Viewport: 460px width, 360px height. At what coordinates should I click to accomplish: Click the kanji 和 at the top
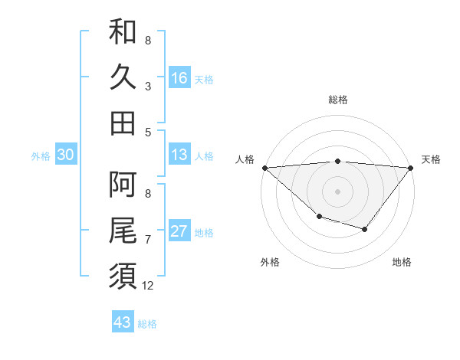point(123,32)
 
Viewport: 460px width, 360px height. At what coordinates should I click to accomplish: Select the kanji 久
point(123,77)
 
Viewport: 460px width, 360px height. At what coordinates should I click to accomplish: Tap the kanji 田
point(123,123)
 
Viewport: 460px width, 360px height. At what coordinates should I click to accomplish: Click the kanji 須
point(123,275)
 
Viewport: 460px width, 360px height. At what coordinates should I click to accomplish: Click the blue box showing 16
point(179,77)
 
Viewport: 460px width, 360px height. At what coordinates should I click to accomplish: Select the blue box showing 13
point(179,155)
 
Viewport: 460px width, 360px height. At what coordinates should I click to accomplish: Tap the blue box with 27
point(179,231)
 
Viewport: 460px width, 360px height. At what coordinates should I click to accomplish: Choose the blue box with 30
point(65,155)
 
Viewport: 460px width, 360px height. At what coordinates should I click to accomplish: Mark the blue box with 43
point(123,322)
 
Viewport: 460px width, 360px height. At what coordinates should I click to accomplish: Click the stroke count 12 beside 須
point(148,286)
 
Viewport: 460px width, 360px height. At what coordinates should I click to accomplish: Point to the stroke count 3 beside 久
point(148,86)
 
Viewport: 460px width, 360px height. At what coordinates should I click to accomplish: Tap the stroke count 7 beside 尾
point(148,240)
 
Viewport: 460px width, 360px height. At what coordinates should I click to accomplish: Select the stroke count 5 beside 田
point(148,131)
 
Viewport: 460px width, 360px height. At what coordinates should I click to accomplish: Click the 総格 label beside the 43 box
point(147,324)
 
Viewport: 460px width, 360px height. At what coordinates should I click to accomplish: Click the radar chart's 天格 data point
point(411,167)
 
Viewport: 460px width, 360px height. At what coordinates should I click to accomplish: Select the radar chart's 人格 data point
point(264,167)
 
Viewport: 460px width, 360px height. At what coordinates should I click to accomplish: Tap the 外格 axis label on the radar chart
point(270,262)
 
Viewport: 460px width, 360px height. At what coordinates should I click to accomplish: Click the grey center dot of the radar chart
point(338,191)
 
